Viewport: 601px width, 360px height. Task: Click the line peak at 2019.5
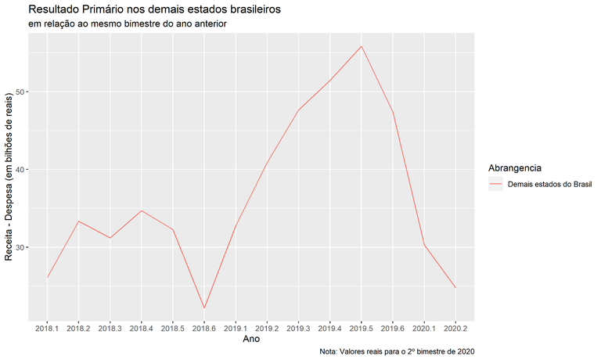(x=361, y=46)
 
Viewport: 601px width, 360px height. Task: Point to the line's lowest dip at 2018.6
(x=204, y=308)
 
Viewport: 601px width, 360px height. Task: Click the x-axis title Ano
(x=251, y=340)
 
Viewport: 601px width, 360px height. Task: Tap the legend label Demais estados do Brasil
(x=549, y=185)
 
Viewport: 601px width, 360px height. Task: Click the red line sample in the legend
(x=495, y=185)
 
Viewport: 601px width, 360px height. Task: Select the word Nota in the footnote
(x=329, y=352)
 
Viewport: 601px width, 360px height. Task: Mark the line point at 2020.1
(x=424, y=245)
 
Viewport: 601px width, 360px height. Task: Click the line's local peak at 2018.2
(x=78, y=221)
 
